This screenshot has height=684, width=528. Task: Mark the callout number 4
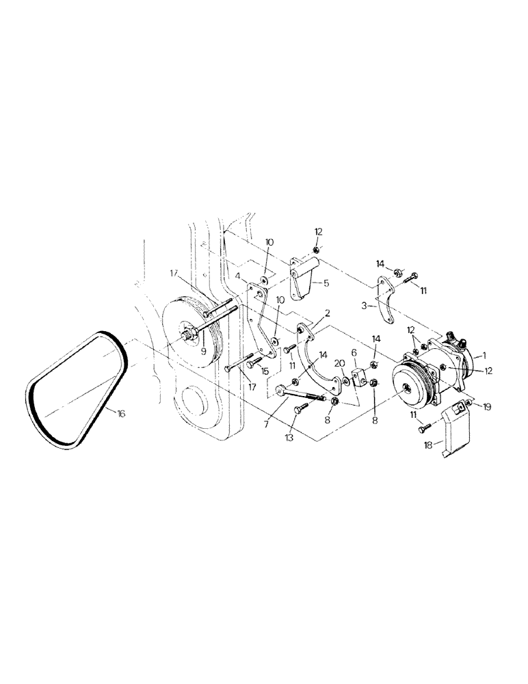click(237, 276)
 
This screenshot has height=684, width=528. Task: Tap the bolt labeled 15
click(253, 359)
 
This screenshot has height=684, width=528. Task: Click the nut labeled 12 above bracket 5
click(315, 250)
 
